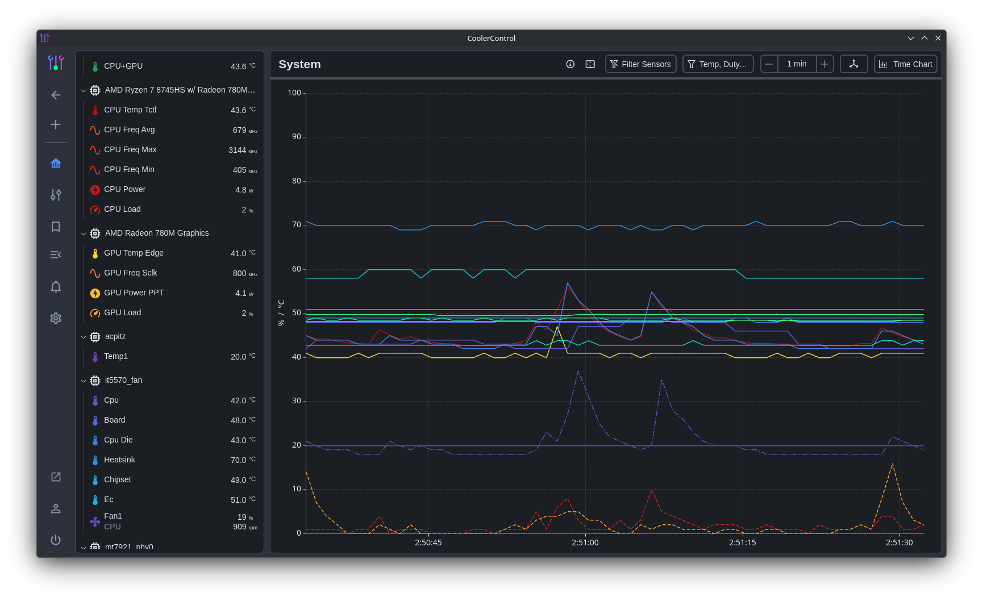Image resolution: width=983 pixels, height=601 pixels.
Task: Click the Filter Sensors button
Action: pos(640,64)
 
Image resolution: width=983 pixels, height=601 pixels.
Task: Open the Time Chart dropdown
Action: pos(905,64)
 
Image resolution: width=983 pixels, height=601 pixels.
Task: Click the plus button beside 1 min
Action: pos(824,64)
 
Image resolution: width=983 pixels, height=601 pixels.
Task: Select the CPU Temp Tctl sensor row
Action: pos(130,110)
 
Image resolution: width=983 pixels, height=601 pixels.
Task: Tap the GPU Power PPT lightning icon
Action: pos(95,293)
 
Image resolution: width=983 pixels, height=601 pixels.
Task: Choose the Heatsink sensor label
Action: pos(119,460)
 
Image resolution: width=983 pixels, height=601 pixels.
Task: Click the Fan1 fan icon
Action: pos(95,521)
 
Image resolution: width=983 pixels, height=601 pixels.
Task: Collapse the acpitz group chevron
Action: pos(84,337)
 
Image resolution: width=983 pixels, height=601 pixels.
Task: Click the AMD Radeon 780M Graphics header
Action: pos(157,233)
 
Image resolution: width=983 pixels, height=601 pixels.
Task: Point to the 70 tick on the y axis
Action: pos(297,225)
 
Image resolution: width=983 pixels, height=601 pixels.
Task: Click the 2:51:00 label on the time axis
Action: pos(585,542)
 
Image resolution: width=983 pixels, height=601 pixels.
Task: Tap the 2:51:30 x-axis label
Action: pos(899,542)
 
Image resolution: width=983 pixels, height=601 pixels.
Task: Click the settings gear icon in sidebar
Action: pos(56,318)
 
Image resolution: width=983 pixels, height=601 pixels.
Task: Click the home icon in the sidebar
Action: pos(56,164)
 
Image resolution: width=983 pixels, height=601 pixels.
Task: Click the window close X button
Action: pos(938,38)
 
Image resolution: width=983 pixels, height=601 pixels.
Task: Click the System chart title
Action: pos(299,64)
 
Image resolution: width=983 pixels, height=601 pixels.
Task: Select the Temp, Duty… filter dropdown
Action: pos(718,64)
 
